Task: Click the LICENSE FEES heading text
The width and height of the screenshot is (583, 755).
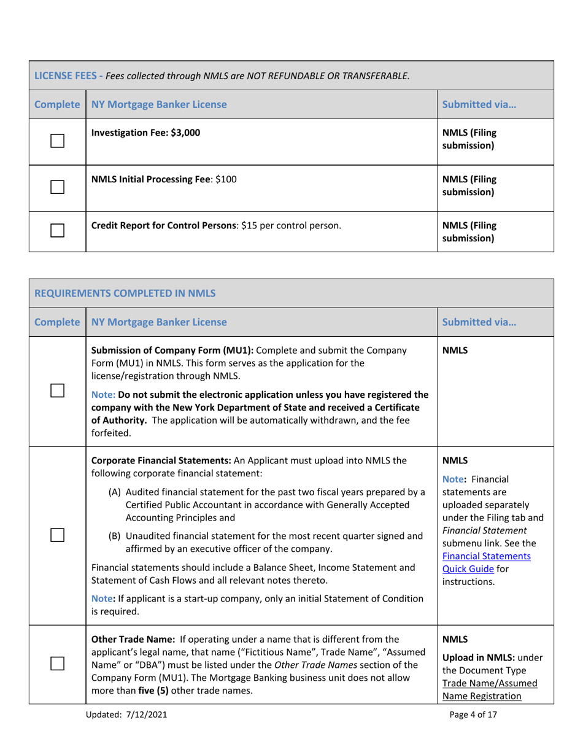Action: click(x=66, y=76)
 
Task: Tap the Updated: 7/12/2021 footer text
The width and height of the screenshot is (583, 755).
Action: click(x=128, y=731)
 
